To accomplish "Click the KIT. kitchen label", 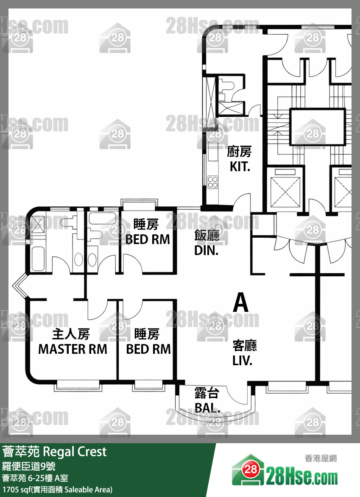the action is pyautogui.click(x=240, y=167).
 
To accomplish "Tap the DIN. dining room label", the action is pyautogui.click(x=206, y=250).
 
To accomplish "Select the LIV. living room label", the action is pyautogui.click(x=242, y=361).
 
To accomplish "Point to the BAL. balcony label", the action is pyautogui.click(x=207, y=408).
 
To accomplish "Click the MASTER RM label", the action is pyautogui.click(x=73, y=349).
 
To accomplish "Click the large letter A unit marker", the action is pyautogui.click(x=240, y=303).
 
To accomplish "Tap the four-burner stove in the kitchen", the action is pyautogui.click(x=212, y=182).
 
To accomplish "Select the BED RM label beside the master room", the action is pyautogui.click(x=148, y=349).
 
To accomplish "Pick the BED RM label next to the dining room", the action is pyautogui.click(x=148, y=239).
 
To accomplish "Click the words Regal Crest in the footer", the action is pyautogui.click(x=75, y=452).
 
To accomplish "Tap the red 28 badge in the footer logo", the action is pyautogui.click(x=250, y=469).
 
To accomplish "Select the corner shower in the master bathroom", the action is pyautogui.click(x=38, y=224).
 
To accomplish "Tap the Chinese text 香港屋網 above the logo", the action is pyautogui.click(x=321, y=458).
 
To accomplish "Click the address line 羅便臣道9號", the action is pyautogui.click(x=29, y=466).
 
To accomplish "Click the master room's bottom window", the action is pyautogui.click(x=78, y=385).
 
